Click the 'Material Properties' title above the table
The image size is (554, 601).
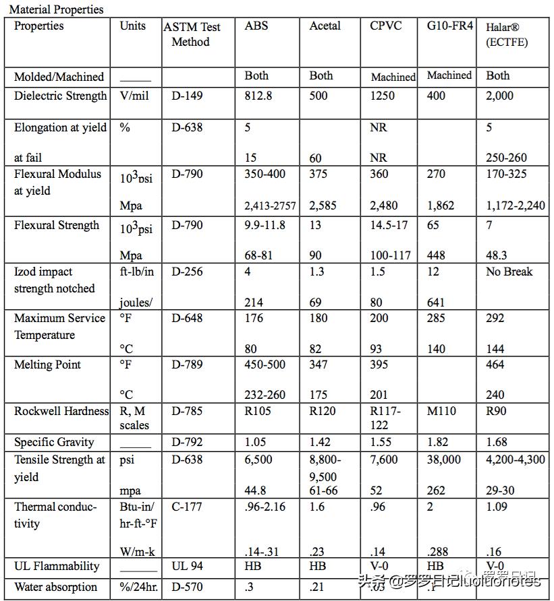56,9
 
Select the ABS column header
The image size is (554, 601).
256,26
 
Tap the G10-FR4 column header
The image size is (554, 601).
450,26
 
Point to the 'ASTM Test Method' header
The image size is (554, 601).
192,34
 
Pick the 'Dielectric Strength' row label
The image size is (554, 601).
60,96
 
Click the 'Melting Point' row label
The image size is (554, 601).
47,365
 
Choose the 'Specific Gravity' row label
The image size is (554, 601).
54,442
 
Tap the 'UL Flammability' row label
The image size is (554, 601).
57,566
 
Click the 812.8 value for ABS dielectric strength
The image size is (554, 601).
258,96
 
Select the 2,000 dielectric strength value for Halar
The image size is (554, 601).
499,96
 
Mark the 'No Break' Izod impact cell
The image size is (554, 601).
509,272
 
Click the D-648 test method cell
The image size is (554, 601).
187,317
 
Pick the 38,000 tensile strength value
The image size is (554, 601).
444,460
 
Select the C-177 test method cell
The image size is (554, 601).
186,506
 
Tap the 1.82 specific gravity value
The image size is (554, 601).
439,442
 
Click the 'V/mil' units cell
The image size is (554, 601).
134,96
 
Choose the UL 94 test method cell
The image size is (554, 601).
187,566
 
